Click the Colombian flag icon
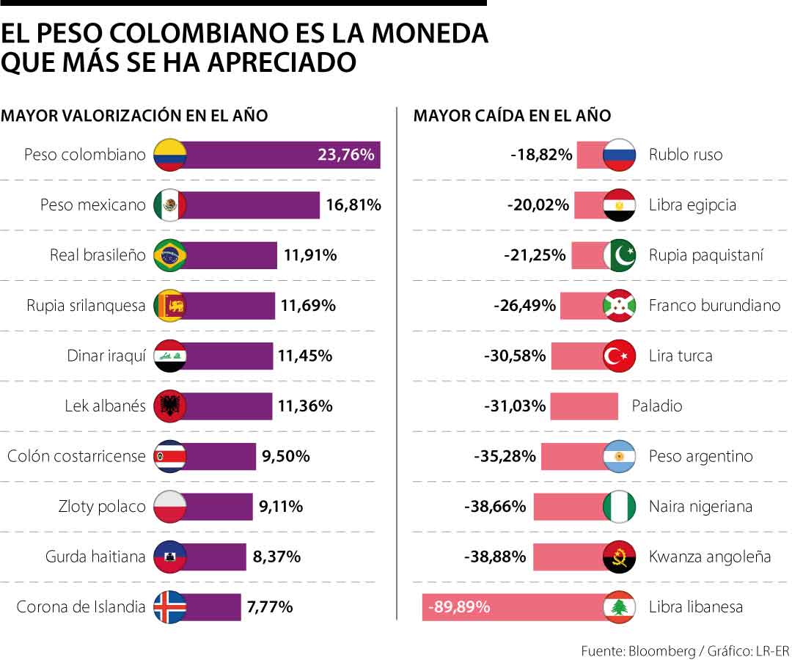[x=170, y=155]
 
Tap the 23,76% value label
[x=345, y=155]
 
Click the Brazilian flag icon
[x=170, y=255]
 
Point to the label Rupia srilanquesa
[x=86, y=306]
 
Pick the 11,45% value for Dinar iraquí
[x=304, y=356]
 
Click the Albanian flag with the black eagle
[x=170, y=406]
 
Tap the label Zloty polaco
[x=102, y=506]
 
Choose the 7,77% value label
[x=269, y=606]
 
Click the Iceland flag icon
[x=170, y=606]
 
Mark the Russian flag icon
[x=618, y=155]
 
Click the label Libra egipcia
[x=692, y=205]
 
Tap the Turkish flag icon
[x=618, y=356]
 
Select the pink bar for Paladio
[x=584, y=406]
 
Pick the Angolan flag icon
[x=618, y=557]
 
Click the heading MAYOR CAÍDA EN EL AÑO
[x=512, y=116]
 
